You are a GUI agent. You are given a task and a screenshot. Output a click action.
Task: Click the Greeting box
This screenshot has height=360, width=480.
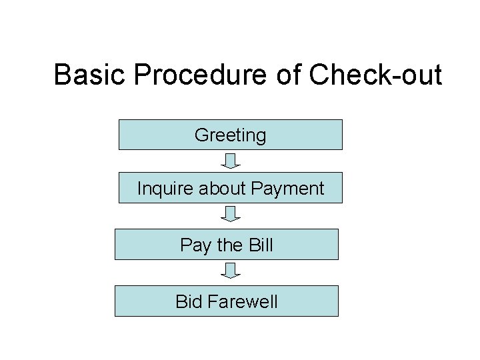click(230, 135)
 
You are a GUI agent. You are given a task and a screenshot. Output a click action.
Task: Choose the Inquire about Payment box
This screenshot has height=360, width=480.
click(230, 187)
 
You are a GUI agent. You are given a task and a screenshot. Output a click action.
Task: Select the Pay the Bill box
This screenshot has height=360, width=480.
click(227, 244)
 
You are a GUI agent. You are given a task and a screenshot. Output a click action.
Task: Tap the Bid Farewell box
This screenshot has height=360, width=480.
click(227, 301)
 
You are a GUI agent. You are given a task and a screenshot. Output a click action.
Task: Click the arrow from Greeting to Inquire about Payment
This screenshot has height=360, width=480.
click(231, 161)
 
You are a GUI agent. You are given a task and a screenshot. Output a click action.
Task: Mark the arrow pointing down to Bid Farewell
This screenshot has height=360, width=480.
click(231, 271)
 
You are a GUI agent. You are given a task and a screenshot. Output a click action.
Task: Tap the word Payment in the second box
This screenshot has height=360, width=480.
click(288, 189)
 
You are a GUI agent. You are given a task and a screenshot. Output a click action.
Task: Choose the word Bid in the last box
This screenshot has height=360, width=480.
click(189, 301)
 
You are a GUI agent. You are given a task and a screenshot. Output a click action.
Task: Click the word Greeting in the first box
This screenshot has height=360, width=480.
click(230, 136)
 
